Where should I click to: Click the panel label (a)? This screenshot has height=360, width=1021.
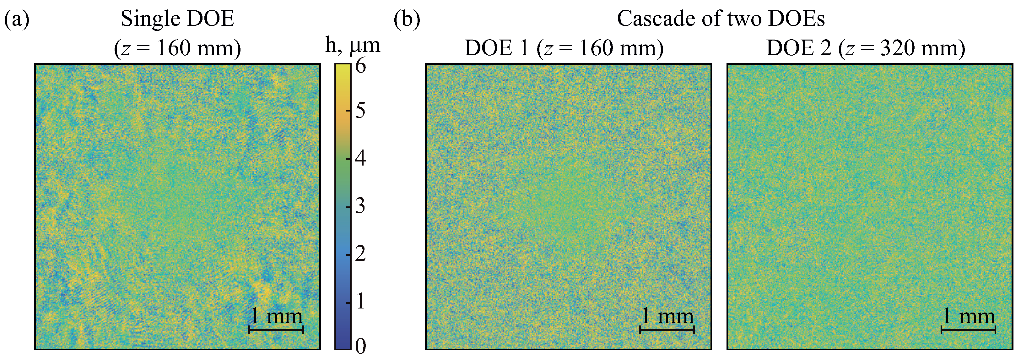17,19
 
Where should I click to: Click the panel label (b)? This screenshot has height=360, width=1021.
407,19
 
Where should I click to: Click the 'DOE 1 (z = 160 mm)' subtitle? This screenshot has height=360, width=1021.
564,48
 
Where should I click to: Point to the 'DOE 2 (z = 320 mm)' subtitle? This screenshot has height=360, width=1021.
866,48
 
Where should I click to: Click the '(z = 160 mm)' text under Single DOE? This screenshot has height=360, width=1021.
177,48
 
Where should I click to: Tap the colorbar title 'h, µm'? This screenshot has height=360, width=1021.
352,45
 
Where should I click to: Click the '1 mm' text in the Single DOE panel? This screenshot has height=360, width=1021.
276,316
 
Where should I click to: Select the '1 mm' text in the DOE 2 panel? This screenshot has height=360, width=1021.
968,316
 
